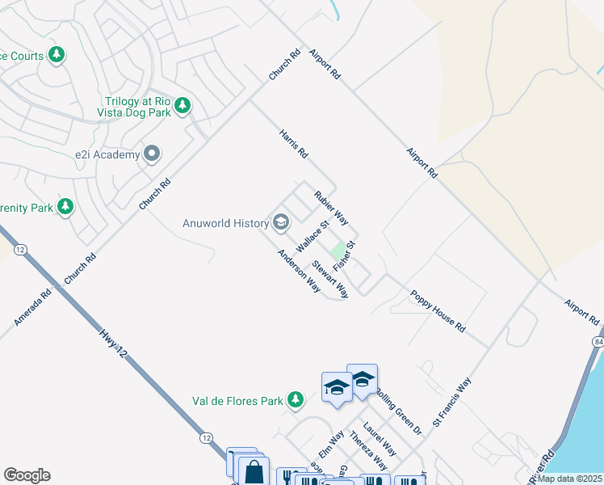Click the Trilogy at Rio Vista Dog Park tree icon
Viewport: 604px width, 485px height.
point(183,105)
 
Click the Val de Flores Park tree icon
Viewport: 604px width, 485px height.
point(296,399)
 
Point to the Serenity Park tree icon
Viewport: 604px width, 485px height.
point(65,207)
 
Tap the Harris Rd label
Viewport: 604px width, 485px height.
point(294,144)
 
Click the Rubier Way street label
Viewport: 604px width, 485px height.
point(331,207)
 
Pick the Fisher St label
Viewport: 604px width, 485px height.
point(345,255)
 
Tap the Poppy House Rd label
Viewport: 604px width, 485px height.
point(438,312)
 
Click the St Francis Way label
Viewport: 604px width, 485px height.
point(451,402)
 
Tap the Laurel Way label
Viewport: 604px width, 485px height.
point(379,438)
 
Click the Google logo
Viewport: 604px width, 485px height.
point(27,475)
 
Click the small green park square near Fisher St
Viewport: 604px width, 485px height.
point(338,251)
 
